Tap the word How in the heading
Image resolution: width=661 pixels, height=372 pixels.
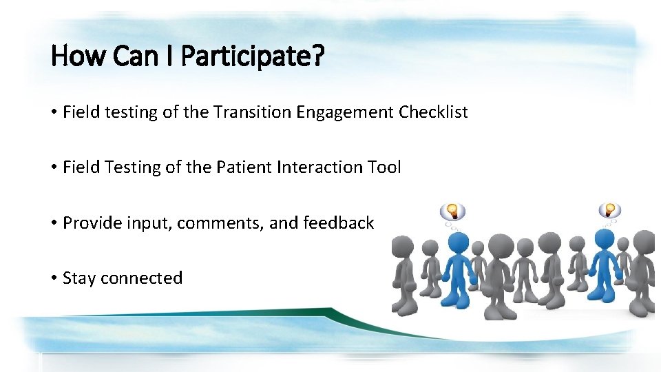tap(78, 55)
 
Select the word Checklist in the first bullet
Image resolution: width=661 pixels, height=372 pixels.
tap(433, 112)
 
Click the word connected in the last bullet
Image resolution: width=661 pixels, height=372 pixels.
tap(142, 278)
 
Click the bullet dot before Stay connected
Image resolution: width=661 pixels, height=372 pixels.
tap(54, 278)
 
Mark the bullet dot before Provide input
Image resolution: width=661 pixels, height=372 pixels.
tap(54, 223)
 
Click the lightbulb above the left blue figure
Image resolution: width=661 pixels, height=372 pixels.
tap(452, 211)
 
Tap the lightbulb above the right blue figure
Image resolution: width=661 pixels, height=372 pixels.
tap(609, 209)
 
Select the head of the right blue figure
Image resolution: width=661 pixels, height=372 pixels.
tap(605, 240)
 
